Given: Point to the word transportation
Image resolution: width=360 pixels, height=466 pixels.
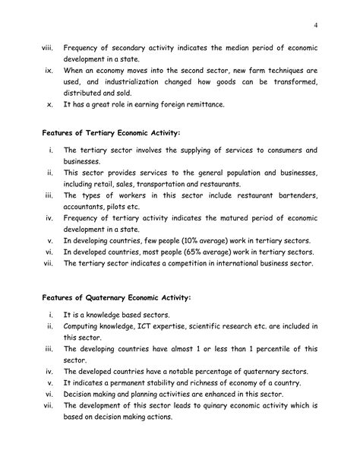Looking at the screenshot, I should (x=175, y=184).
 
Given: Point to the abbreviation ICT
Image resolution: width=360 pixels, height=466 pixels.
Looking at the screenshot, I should (x=156, y=326).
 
